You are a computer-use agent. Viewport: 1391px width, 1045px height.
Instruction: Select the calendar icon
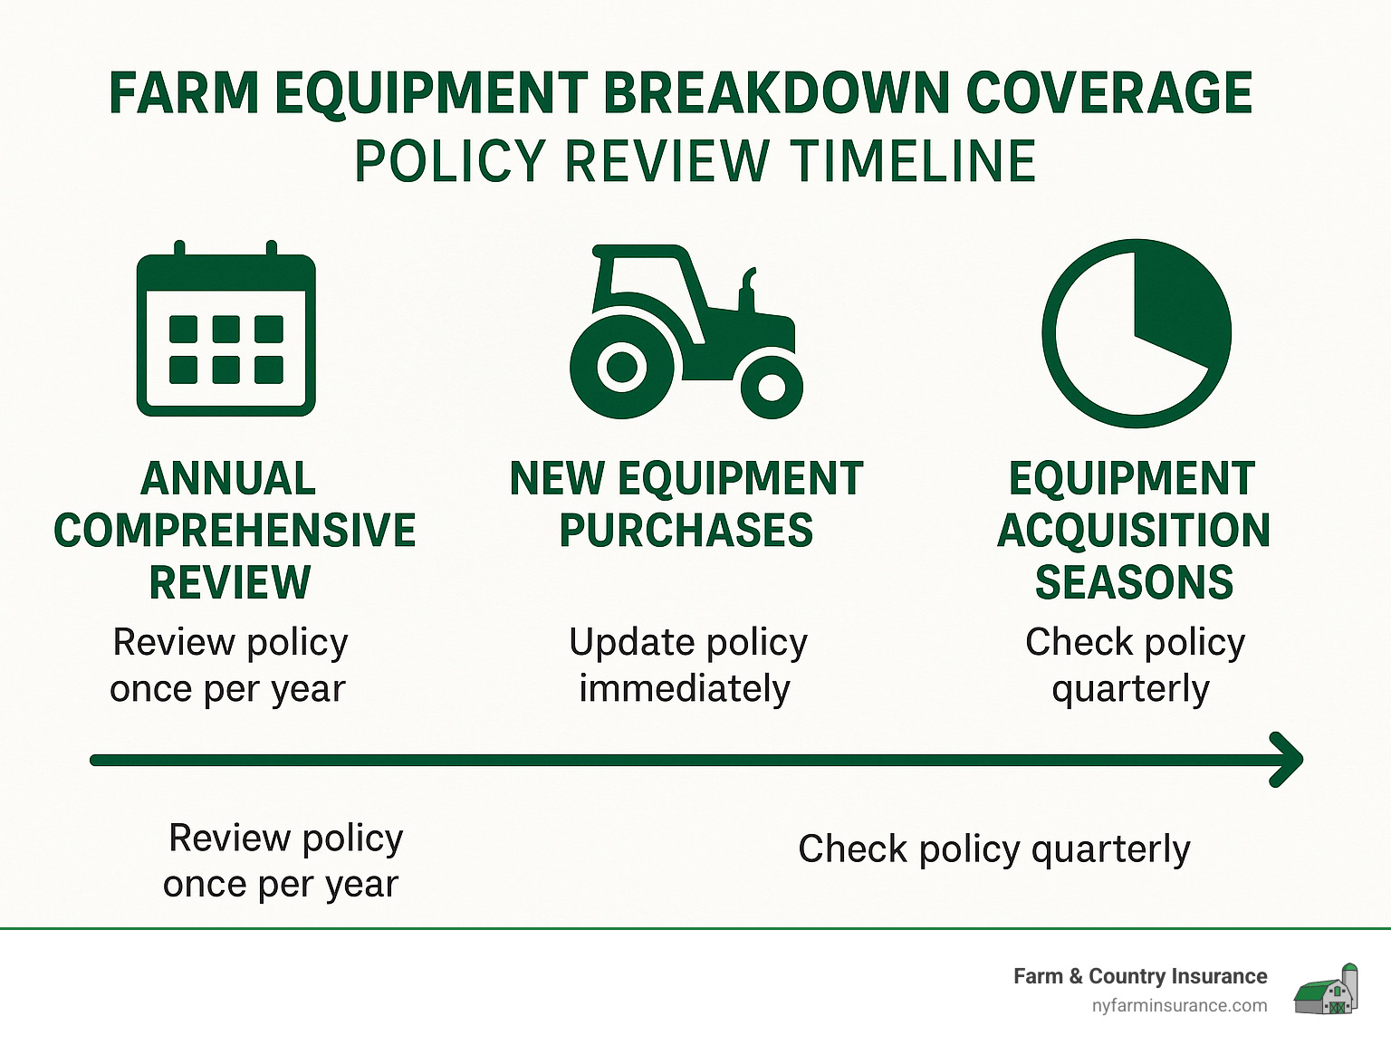tap(226, 328)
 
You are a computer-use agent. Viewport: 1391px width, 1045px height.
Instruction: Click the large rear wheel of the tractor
tap(621, 367)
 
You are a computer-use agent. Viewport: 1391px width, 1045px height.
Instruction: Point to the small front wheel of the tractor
tap(772, 388)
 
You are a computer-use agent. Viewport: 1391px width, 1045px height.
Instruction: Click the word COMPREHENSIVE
tap(235, 531)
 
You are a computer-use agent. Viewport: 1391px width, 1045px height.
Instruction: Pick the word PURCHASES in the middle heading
tap(686, 531)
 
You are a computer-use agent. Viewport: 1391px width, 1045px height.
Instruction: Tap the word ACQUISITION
tap(1134, 531)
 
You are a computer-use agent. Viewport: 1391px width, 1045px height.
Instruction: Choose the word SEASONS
tap(1135, 582)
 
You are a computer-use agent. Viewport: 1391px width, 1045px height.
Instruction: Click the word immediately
tap(685, 688)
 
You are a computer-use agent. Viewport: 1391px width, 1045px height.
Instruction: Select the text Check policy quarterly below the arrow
tap(994, 849)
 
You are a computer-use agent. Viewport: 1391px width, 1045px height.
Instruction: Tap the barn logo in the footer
tap(1326, 990)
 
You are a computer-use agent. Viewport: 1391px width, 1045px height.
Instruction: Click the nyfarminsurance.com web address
tap(1179, 1006)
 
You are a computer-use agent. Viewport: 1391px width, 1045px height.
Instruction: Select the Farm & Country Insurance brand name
tap(1140, 976)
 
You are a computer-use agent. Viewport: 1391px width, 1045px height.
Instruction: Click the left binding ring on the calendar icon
tap(179, 249)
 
